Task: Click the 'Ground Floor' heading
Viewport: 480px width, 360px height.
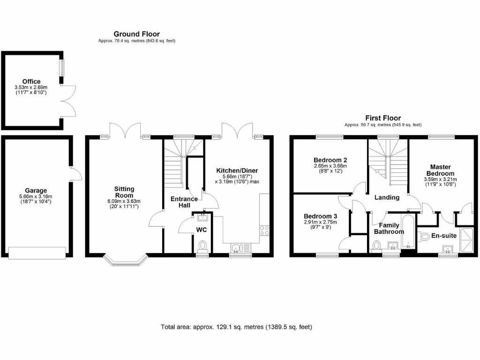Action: [136, 34]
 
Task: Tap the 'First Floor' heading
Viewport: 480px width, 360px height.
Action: [383, 118]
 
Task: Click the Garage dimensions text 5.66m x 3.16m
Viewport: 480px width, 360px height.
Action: [36, 196]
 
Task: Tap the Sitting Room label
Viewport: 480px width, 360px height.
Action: [124, 192]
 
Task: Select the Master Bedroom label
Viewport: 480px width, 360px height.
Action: [440, 170]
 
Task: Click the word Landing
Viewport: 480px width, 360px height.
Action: [387, 197]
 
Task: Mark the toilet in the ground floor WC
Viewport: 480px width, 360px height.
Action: [202, 246]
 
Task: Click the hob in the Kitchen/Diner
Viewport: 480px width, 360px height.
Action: [264, 230]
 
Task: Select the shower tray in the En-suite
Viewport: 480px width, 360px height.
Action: [467, 239]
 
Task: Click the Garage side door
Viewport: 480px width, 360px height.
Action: [75, 175]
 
